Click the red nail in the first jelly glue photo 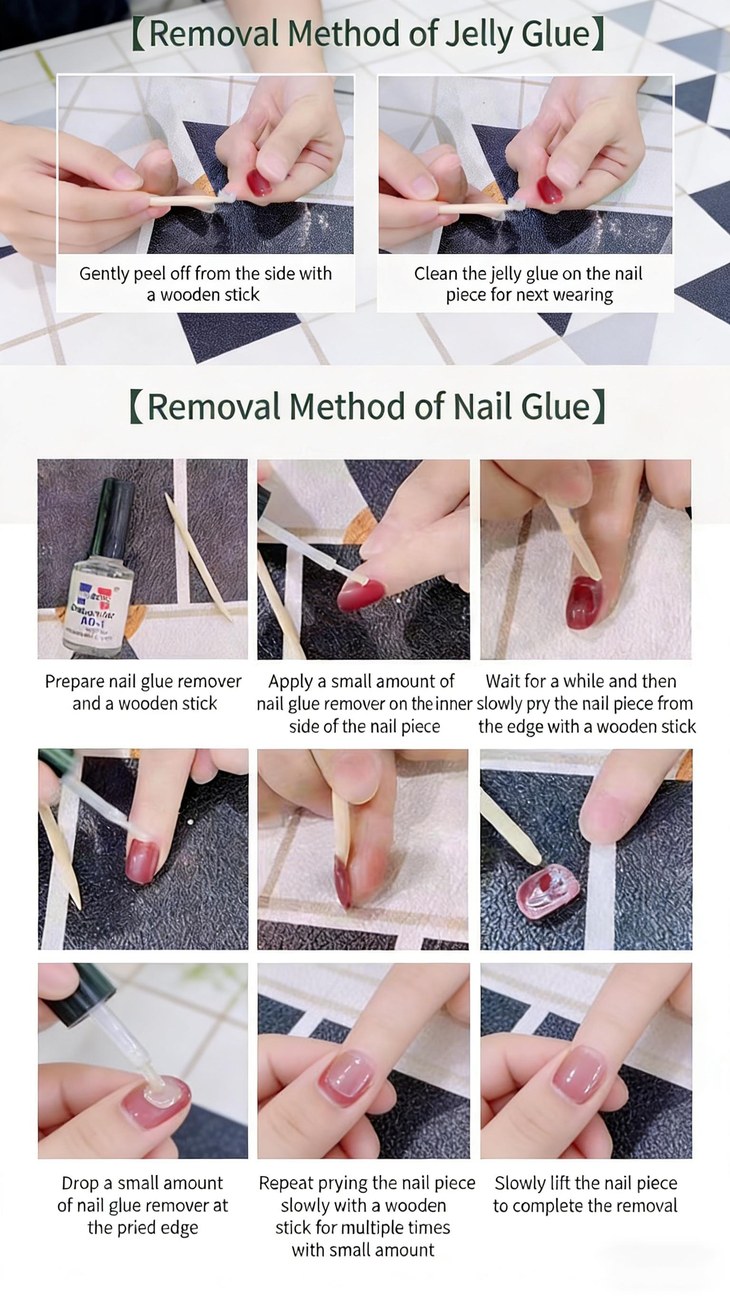click(259, 183)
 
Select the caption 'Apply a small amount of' click(361, 681)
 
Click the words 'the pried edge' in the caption click(143, 1228)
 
